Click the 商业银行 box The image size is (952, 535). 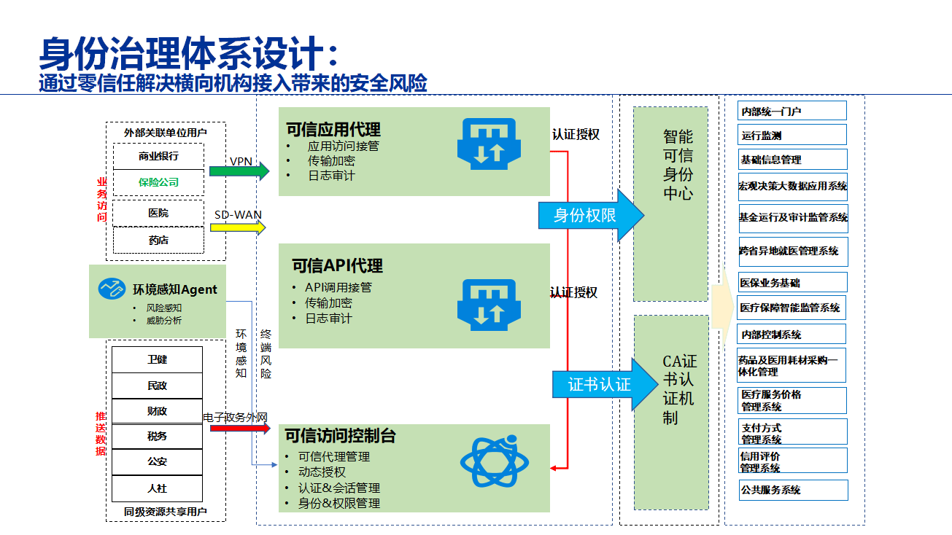pyautogui.click(x=158, y=156)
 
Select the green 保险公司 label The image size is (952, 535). pyautogui.click(x=158, y=182)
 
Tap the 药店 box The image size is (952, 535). pyautogui.click(x=158, y=240)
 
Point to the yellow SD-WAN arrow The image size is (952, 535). pyautogui.click(x=237, y=227)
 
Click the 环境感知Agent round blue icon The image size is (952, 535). pyautogui.click(x=112, y=289)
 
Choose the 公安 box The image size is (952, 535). pyautogui.click(x=157, y=461)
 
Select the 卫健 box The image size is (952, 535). pyautogui.click(x=157, y=359)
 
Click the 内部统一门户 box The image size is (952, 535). pyautogui.click(x=792, y=112)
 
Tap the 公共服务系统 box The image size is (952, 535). pyautogui.click(x=793, y=491)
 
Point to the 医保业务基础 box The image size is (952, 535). pyautogui.click(x=792, y=283)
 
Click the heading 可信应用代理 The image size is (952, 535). pyautogui.click(x=333, y=130)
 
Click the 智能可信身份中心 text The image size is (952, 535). pyautogui.click(x=678, y=165)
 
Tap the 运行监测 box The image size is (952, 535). pyautogui.click(x=792, y=136)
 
